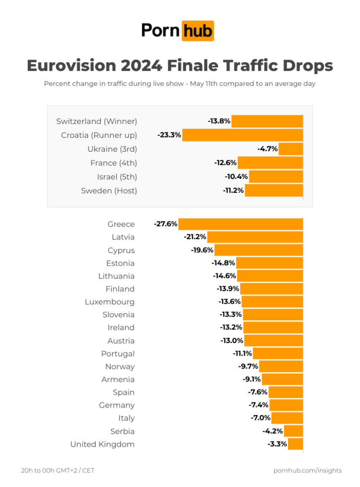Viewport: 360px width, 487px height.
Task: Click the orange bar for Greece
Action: click(241, 224)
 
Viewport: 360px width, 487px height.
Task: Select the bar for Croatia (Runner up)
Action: click(242, 135)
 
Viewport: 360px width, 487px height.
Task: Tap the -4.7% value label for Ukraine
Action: click(268, 149)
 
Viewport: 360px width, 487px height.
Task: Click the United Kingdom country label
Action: click(102, 444)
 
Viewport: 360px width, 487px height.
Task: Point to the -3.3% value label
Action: click(277, 444)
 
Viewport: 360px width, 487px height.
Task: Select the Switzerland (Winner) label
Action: click(97, 121)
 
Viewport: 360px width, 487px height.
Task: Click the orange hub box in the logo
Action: click(197, 31)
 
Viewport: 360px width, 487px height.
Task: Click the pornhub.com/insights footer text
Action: click(308, 471)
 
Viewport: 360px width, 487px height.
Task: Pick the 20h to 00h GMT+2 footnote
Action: click(58, 471)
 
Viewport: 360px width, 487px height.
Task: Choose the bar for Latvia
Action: click(255, 237)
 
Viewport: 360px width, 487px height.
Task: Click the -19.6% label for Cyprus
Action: click(202, 250)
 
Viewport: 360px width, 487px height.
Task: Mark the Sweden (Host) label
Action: click(109, 191)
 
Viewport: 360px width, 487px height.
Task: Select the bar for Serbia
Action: click(293, 431)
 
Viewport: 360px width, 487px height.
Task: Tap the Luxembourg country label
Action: click(110, 302)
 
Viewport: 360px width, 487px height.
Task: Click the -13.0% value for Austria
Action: click(232, 341)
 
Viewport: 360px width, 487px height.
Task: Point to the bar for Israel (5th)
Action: click(276, 177)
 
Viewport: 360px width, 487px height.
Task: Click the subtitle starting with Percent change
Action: click(180, 84)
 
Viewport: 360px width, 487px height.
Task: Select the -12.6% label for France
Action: click(225, 163)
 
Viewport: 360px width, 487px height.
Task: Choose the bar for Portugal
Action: click(278, 354)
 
